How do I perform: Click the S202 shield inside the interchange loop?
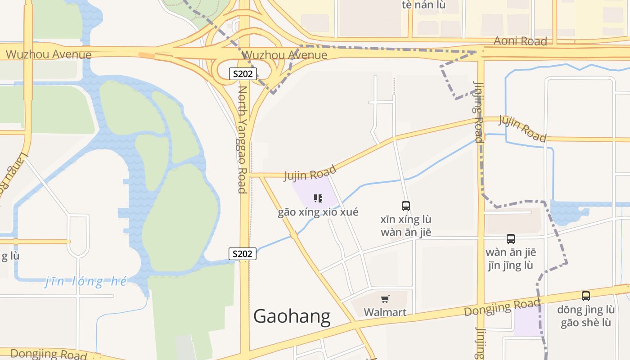(x=243, y=74)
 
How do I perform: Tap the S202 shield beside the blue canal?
(x=243, y=254)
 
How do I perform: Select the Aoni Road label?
(x=520, y=41)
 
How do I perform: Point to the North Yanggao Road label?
(x=243, y=139)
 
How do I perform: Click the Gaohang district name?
(x=292, y=316)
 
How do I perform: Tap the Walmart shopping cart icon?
(x=385, y=299)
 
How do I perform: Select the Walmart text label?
(x=385, y=312)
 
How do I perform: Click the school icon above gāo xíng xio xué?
(x=318, y=198)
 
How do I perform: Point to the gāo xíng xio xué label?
(x=318, y=212)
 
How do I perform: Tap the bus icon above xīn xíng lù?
(x=405, y=206)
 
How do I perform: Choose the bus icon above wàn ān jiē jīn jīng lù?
(x=510, y=239)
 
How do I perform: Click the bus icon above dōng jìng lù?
(x=585, y=296)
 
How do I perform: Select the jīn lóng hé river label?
(x=86, y=282)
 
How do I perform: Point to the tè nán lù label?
(x=423, y=5)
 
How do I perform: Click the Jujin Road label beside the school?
(x=310, y=173)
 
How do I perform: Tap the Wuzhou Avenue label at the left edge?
(x=49, y=55)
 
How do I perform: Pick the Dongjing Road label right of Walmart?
(x=501, y=308)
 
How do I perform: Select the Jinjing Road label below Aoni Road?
(x=478, y=111)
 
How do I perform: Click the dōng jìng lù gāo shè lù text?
(x=585, y=316)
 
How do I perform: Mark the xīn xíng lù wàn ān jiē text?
(x=405, y=226)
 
